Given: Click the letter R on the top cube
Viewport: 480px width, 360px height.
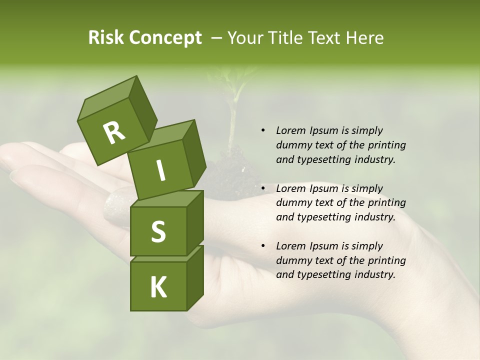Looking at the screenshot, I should click(x=114, y=133).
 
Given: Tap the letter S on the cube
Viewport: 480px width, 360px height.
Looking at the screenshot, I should click(x=158, y=231).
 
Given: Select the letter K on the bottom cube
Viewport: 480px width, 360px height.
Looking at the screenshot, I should click(x=158, y=287).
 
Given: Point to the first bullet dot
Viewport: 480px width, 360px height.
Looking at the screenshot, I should click(x=263, y=131).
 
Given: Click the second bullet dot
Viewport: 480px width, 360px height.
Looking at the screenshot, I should click(x=263, y=189).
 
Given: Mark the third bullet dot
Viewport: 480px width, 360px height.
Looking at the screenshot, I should click(x=263, y=246).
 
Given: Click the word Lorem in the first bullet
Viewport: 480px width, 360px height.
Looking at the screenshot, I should click(x=291, y=131).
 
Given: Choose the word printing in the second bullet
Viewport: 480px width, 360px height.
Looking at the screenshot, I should click(x=386, y=203).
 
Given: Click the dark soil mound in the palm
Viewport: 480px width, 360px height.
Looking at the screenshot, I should click(x=230, y=175).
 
